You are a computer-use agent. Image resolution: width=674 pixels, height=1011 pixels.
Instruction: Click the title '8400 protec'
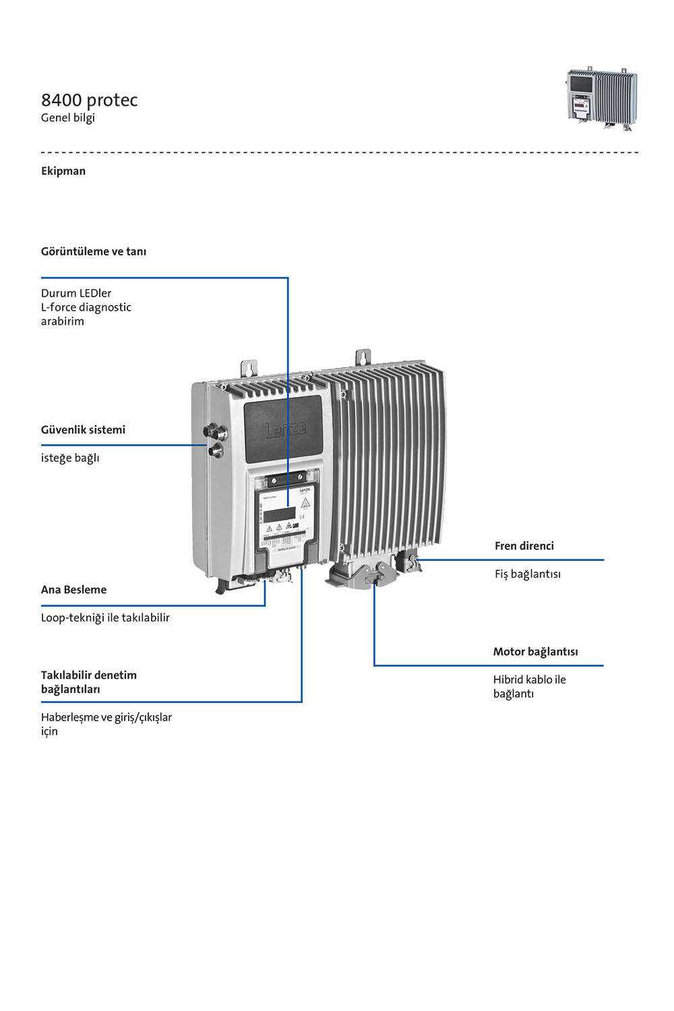coord(89,100)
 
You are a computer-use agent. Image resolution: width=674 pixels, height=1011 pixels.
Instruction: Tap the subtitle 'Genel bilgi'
coord(67,118)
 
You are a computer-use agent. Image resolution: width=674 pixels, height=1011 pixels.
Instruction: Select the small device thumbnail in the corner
coord(602,99)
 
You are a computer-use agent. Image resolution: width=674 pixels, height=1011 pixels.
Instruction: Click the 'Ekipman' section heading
coord(63,171)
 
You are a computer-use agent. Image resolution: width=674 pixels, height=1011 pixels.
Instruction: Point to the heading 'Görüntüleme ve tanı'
coord(94,251)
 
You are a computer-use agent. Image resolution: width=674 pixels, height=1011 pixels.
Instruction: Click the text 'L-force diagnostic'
coord(86,307)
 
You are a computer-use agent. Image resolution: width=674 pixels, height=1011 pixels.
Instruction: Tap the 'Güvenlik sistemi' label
coord(83,430)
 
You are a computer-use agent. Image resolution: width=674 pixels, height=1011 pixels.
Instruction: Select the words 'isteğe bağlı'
coord(70,458)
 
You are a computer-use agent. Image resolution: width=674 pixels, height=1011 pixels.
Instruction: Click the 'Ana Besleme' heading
coord(73,590)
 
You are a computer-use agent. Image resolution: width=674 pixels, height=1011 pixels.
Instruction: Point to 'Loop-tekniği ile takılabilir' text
coord(105,617)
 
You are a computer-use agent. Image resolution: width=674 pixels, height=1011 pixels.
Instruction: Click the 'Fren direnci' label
coord(524,546)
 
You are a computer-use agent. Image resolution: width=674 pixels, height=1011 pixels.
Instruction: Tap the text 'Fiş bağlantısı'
coord(528,574)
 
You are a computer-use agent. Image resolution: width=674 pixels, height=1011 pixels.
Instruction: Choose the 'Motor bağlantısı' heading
coord(535,652)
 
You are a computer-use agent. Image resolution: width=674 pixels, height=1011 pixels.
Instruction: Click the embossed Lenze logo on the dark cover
coord(285,429)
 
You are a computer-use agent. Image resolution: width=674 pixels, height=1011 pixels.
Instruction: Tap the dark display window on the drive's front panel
coord(279,514)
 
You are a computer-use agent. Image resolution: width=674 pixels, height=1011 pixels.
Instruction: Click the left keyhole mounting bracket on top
coord(248,368)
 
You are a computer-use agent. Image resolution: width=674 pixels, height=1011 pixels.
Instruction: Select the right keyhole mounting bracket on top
coord(363,357)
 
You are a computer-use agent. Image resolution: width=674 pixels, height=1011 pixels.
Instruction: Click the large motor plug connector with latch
coord(357,574)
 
